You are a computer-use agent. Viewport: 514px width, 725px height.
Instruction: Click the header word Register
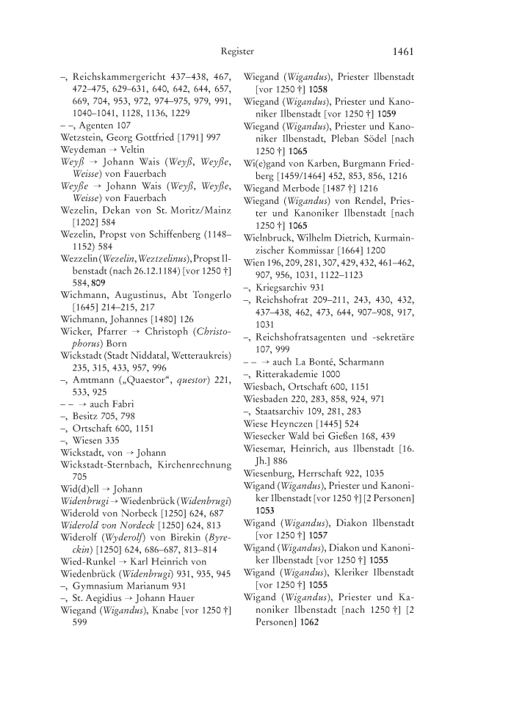(237, 51)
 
